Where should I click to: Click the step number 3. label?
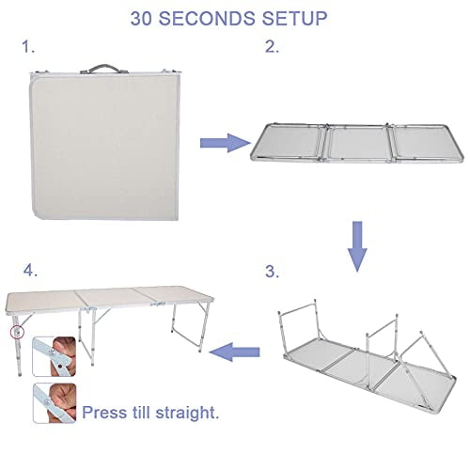point(271,273)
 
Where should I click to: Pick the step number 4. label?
point(32,271)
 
